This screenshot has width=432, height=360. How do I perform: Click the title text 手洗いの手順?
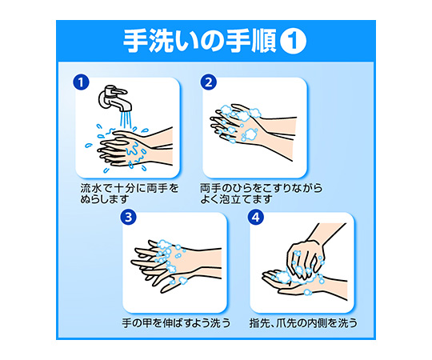[x=199, y=41]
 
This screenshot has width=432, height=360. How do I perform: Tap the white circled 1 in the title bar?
[x=293, y=41]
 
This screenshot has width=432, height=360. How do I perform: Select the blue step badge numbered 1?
[x=81, y=82]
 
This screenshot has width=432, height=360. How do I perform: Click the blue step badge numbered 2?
[x=208, y=82]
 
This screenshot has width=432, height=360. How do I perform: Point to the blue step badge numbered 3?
[x=128, y=218]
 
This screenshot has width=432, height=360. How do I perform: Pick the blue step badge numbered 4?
[x=256, y=218]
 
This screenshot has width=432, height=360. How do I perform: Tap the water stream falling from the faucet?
[x=126, y=120]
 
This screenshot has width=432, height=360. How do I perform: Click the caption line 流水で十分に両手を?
[x=130, y=189]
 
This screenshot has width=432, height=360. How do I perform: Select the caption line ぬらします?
[x=105, y=199]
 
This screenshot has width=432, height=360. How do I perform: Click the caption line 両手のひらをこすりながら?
[x=261, y=189]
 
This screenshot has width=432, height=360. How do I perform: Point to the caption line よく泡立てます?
[x=236, y=199]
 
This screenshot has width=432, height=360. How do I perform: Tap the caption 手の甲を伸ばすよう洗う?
[x=176, y=323]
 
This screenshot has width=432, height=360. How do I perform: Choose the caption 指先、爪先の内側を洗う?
[x=303, y=323]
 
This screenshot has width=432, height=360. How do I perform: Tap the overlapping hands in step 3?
[x=176, y=265]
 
